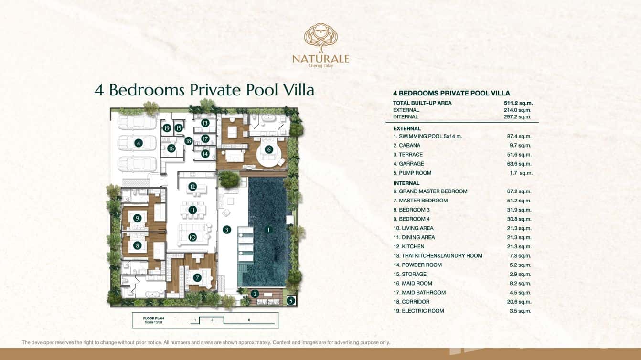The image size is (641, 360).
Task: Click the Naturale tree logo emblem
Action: [x=321, y=38]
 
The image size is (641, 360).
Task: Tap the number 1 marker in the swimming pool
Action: [x=268, y=230]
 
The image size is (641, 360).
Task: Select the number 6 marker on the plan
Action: [x=268, y=149]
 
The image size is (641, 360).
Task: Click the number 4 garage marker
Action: [x=139, y=143]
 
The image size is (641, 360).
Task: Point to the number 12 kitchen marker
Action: [x=192, y=187]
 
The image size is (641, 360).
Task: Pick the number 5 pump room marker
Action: [x=290, y=300]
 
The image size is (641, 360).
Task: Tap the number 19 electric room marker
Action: [x=167, y=128]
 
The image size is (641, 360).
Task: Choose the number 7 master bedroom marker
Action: [x=197, y=277]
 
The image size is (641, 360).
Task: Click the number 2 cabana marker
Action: [x=255, y=294]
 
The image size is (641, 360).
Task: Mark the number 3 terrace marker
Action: [x=226, y=230]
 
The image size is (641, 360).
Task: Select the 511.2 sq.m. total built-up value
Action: [x=518, y=103]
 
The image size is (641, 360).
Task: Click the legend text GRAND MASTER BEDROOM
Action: [x=433, y=191]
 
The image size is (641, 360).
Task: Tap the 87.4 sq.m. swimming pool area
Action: [x=519, y=137]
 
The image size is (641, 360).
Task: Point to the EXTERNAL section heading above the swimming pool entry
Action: [x=407, y=128]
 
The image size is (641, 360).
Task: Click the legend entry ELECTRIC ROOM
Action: [x=423, y=311]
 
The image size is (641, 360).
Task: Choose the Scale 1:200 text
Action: [x=153, y=322]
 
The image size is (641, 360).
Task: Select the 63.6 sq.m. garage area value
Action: [x=519, y=164]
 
